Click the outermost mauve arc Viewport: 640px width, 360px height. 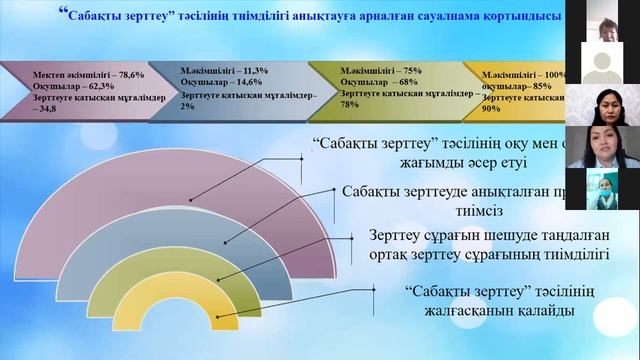click(60, 200)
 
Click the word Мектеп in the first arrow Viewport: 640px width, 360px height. click(51, 75)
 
